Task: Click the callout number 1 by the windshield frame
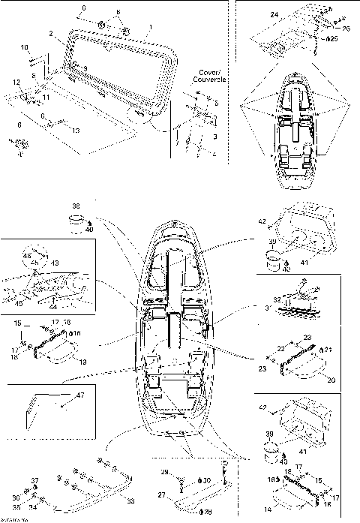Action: pyautogui.click(x=151, y=27)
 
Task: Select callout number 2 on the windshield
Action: pyautogui.click(x=50, y=34)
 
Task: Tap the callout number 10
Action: pyautogui.click(x=23, y=47)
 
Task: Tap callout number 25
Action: pyautogui.click(x=334, y=38)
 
